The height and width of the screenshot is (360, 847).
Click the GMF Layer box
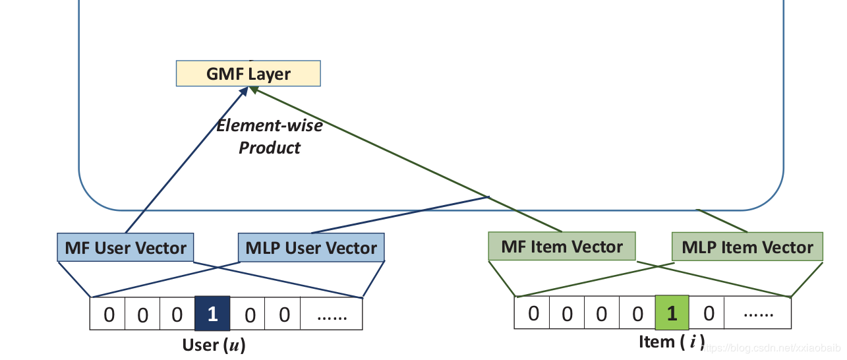(x=248, y=73)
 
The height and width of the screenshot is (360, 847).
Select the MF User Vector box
(x=125, y=248)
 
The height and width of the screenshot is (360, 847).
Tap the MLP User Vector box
(x=311, y=248)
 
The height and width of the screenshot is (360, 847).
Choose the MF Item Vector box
(x=562, y=247)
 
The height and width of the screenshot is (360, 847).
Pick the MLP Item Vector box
(x=747, y=247)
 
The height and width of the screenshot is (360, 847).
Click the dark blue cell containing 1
(x=212, y=314)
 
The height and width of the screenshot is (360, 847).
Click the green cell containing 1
(x=672, y=313)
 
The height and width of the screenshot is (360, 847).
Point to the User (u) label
(x=214, y=345)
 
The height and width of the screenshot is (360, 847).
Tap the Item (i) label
(x=671, y=342)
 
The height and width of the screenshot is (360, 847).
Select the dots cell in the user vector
(x=332, y=314)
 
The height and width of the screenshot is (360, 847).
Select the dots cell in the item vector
(x=757, y=313)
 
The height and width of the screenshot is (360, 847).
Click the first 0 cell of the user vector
(x=108, y=314)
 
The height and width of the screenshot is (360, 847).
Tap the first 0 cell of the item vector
(x=533, y=313)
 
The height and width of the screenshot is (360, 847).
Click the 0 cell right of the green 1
(x=707, y=313)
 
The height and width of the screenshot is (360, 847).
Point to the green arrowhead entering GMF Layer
(x=254, y=91)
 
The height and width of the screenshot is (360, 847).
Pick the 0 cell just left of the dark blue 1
(x=177, y=314)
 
